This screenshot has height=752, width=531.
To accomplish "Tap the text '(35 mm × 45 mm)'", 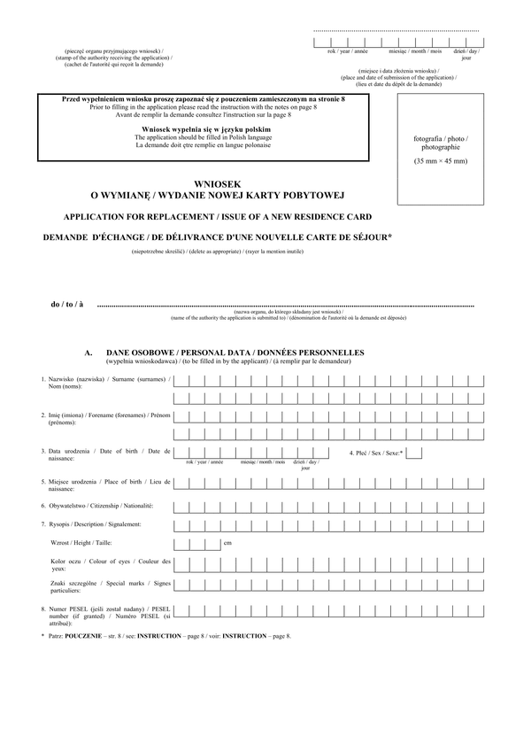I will click(441, 161).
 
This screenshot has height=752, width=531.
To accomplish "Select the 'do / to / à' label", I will click(67, 305).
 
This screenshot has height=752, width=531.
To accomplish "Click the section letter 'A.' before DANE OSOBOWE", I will click(88, 352).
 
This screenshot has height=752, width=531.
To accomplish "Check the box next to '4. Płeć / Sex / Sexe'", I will click(413, 453).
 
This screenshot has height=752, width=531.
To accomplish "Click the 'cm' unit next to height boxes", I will click(227, 543).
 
